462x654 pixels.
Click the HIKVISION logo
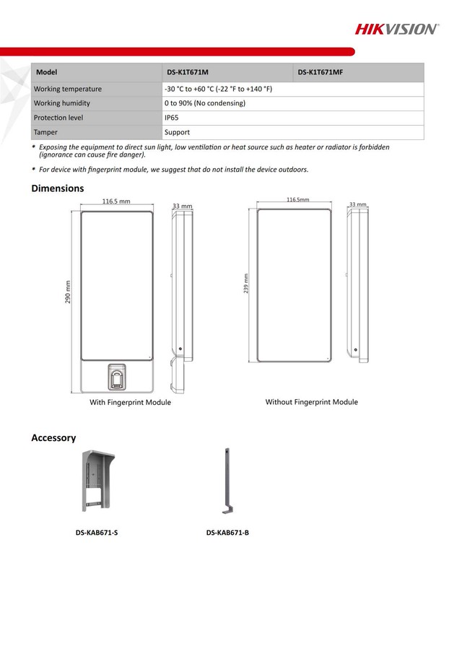(x=396, y=29)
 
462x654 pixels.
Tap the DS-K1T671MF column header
(x=321, y=72)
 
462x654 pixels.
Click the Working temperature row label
(x=68, y=89)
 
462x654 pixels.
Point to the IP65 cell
(x=172, y=118)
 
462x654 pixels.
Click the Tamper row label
(x=45, y=133)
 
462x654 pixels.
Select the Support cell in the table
(x=177, y=133)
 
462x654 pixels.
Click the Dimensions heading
(x=58, y=188)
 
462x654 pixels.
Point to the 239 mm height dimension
(x=246, y=284)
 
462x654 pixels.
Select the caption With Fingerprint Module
(x=130, y=403)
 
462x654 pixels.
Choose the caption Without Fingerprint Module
(x=311, y=402)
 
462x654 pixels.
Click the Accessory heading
(x=53, y=438)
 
